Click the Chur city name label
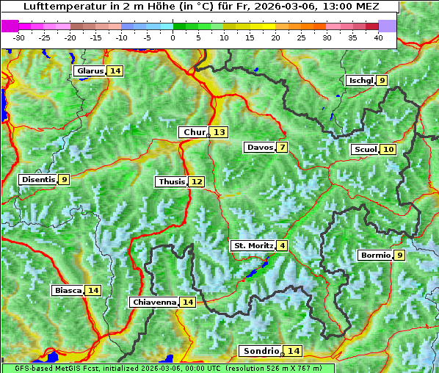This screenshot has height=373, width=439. [x=195, y=132]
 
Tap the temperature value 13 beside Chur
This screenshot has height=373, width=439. [x=219, y=132]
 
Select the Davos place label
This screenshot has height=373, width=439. [x=260, y=148]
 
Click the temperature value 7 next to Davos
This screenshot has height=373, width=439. [x=282, y=148]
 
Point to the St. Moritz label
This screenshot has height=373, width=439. [x=253, y=245]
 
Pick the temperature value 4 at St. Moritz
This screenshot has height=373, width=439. [x=282, y=245]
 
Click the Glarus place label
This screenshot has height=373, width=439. [x=90, y=71]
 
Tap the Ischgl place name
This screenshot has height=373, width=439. [x=360, y=81]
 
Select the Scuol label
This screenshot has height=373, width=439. [x=366, y=150]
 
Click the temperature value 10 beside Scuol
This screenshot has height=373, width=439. [x=388, y=150]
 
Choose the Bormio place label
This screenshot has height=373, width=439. [x=375, y=256]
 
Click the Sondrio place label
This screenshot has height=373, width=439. [x=261, y=351]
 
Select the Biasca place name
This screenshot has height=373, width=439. [x=68, y=290]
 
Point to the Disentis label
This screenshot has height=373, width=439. [x=38, y=179]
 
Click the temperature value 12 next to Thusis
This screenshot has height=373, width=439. [x=196, y=181]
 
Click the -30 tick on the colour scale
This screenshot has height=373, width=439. [x=19, y=37]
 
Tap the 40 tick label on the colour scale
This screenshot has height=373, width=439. [x=379, y=37]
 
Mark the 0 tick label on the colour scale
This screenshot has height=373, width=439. [x=173, y=37]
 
